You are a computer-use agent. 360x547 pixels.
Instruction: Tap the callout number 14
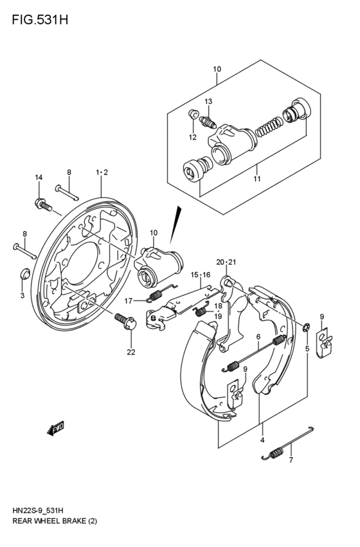pos(39,177)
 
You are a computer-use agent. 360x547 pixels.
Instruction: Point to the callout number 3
pos(22,295)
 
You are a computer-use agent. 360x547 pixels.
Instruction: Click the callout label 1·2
pos(102,172)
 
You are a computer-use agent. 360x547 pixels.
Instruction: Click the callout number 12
pos(192,137)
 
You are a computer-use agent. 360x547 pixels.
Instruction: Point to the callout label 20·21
pos(226,262)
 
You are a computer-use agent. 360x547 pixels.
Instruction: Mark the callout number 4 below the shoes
pos(262,440)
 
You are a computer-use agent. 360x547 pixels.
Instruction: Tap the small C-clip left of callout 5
pos(307,328)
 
